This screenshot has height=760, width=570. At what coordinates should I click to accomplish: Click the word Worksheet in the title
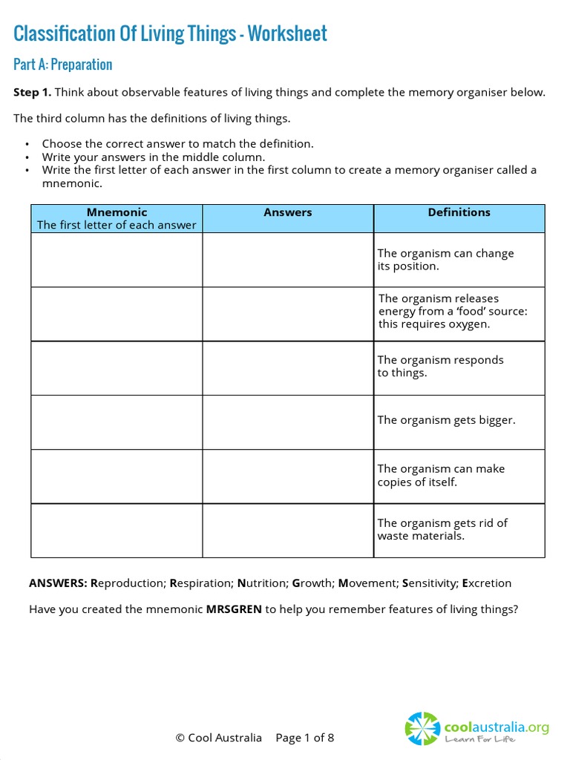coord(287,33)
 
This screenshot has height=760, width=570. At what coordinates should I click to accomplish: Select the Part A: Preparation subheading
coord(63,65)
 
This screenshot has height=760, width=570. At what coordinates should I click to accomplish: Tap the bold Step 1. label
coord(33,92)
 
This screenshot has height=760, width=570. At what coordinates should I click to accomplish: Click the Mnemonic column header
coord(117,212)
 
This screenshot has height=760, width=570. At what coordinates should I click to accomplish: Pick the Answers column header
coord(288,212)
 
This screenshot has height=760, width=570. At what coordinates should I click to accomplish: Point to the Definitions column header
coord(459,212)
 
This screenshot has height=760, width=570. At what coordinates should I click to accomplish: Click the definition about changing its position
coord(445,260)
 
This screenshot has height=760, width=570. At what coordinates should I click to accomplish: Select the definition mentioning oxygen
coord(453,311)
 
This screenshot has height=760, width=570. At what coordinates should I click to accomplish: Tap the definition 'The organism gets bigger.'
coord(446,420)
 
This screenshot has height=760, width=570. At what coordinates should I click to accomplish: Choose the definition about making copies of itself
coord(441,475)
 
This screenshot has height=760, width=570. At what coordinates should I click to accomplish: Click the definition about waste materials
coord(442,529)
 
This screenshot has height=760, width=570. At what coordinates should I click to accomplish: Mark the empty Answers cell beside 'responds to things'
coord(288,368)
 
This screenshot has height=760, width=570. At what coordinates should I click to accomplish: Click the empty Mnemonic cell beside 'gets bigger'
coord(117,422)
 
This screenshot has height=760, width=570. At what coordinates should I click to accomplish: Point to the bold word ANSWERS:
coord(59,583)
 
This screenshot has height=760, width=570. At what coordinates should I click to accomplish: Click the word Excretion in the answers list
coord(487,583)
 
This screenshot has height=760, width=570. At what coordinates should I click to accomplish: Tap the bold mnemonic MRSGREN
coord(234,609)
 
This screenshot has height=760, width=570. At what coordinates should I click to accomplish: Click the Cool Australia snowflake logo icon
coord(422,729)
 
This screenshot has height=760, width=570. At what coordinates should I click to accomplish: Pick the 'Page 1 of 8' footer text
coord(305,738)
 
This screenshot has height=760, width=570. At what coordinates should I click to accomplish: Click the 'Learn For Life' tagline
coord(480,739)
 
